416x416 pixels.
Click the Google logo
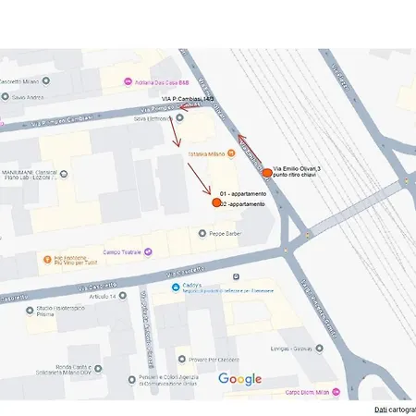tap(240, 379)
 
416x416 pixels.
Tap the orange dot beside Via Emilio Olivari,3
tap(267, 173)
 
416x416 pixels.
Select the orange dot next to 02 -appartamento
tap(216, 203)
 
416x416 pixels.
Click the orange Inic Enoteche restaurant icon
tap(45, 258)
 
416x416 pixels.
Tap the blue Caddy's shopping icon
tap(176, 288)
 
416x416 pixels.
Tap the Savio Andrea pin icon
tap(6, 96)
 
